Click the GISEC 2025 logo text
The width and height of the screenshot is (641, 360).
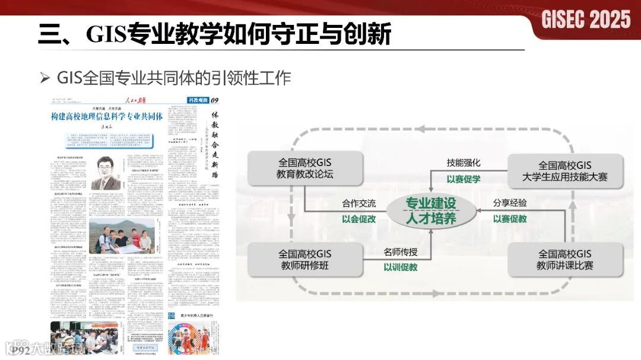click(586, 19)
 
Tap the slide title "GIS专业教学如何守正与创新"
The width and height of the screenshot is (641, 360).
click(214, 34)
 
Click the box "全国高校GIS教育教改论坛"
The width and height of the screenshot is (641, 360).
click(305, 168)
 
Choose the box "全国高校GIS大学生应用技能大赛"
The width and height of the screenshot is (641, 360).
click(564, 171)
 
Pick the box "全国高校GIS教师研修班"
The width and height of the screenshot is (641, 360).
click(305, 260)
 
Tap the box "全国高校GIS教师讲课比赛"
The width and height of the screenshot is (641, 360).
click(564, 260)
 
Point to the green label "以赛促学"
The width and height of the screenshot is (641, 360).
click(464, 179)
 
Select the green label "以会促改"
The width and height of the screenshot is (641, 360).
click(358, 219)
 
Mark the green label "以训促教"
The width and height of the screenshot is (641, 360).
click(400, 267)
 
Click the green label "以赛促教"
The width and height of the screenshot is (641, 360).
click(510, 219)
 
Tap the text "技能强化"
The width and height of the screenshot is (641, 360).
click(464, 163)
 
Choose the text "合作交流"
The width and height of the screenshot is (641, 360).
click(358, 203)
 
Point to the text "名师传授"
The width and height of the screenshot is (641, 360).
click(400, 251)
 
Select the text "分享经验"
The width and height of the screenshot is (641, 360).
click(510, 203)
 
